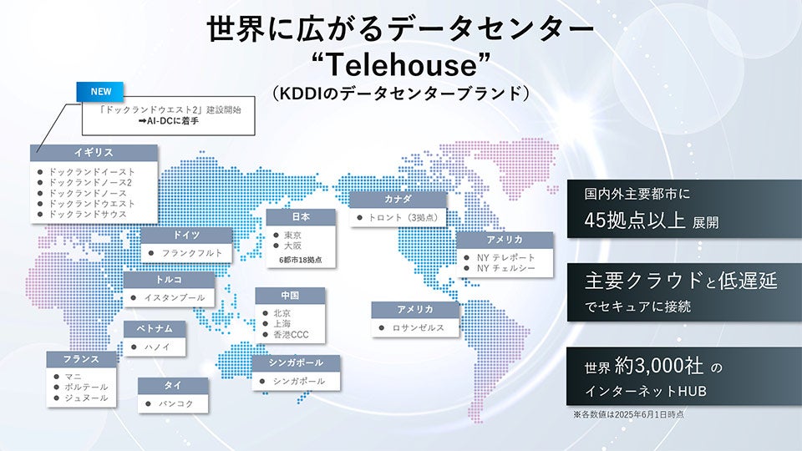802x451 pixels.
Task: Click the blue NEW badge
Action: (101, 90)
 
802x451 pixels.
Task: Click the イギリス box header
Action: (93, 153)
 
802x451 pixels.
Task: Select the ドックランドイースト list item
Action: (92, 171)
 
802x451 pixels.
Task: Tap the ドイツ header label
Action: (185, 236)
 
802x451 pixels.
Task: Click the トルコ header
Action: (168, 280)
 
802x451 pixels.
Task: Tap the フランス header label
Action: (80, 359)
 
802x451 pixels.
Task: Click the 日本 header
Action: (301, 217)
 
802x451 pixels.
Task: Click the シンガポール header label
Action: (297, 363)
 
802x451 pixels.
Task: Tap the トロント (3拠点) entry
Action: (402, 218)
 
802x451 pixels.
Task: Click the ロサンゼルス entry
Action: (418, 328)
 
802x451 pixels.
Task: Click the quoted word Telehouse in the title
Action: (401, 63)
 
